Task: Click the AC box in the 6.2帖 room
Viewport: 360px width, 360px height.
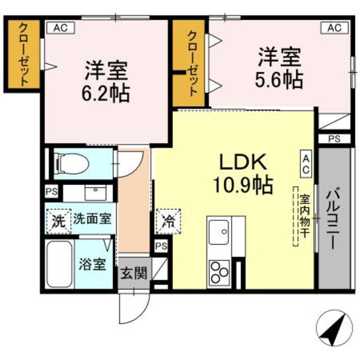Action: (x=61, y=26)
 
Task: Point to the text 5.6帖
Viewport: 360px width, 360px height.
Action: (x=280, y=79)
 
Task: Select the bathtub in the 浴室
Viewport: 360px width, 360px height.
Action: (x=58, y=264)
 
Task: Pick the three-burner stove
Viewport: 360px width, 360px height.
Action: (x=219, y=272)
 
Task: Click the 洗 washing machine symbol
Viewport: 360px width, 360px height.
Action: (x=58, y=219)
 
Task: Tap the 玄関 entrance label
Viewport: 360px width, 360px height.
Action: (x=134, y=274)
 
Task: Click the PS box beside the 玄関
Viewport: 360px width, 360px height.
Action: (x=161, y=246)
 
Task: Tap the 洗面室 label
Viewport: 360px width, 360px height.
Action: (x=93, y=219)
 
